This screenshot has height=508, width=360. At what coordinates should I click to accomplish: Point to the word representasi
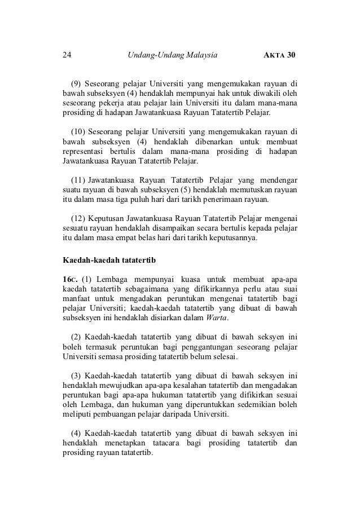pos(86,151)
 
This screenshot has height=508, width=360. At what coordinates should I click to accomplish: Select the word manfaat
pos(77,301)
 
